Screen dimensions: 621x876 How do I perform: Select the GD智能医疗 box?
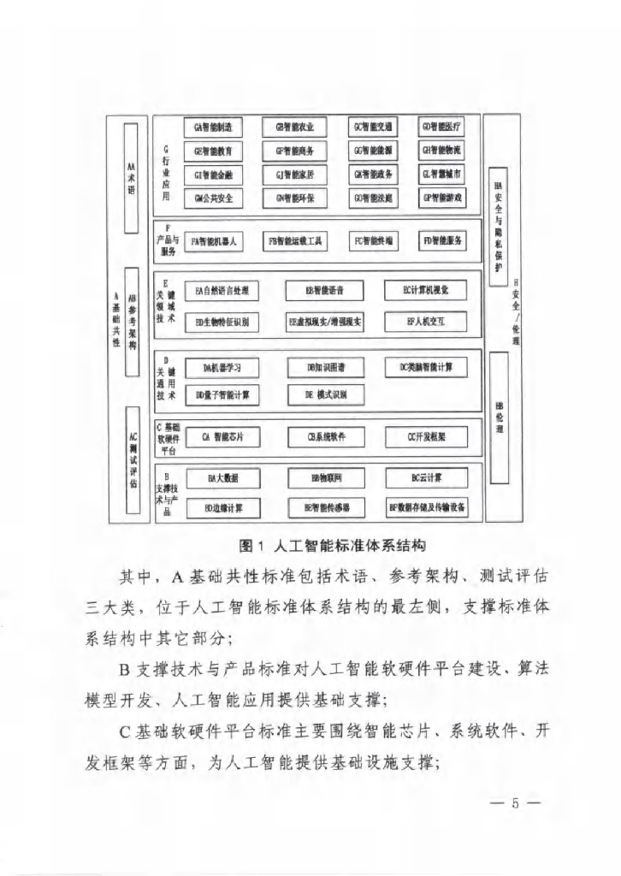pos(441,127)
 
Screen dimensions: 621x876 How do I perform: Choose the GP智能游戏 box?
pos(441,198)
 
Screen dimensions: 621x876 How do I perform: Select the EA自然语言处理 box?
pos(222,291)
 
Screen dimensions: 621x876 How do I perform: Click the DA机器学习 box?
pos(222,368)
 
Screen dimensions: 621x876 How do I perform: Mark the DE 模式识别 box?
pos(324,394)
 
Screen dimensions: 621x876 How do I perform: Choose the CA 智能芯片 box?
pos(223,437)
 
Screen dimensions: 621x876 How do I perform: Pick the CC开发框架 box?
pos(426,437)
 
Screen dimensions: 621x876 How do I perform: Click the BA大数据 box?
pos(223,478)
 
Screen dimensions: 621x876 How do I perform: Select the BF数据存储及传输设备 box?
pos(427,507)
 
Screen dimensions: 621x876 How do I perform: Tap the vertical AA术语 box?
pos(131,177)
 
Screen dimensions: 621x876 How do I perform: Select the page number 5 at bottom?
pos(515,803)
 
